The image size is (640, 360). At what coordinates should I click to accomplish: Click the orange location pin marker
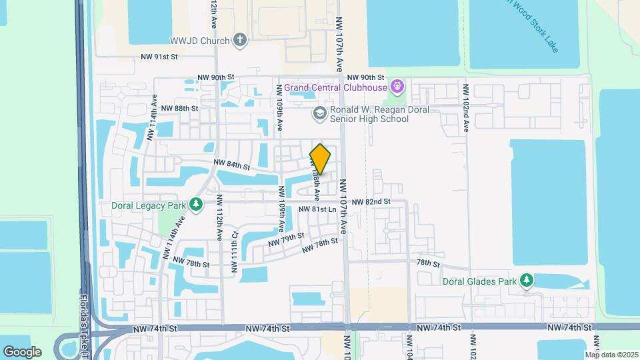point(321,159)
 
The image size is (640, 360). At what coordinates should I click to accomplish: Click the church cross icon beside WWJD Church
point(241,40)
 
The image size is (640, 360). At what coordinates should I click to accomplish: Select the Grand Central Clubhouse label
point(337,87)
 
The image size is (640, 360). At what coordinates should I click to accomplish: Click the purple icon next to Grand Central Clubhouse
point(399,87)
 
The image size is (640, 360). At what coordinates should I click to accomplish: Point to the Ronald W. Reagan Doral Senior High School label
point(371,114)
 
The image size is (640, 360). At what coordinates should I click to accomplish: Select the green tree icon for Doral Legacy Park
point(196,205)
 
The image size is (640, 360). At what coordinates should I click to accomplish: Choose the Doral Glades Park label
point(481,281)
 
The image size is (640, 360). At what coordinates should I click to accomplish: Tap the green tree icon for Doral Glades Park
point(527,281)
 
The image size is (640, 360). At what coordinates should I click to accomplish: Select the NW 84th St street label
point(231,165)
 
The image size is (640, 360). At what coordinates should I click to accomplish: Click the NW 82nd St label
point(371,201)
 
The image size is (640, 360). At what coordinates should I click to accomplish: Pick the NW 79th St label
point(286,239)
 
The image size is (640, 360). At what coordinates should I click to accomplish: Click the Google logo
point(22,351)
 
